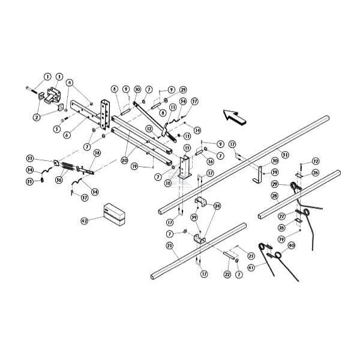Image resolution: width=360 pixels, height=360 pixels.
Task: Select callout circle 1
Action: pyautogui.click(x=47, y=76)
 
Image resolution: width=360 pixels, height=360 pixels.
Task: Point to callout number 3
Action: pyautogui.click(x=59, y=76)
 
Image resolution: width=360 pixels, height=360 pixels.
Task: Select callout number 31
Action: pyautogui.click(x=284, y=154)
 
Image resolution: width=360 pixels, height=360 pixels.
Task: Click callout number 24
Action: pyautogui.click(x=217, y=205)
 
